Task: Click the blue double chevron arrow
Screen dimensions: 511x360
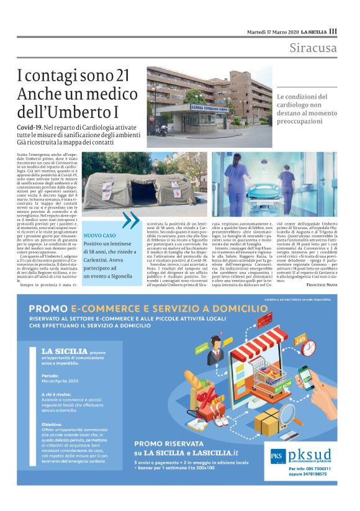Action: click(131, 220)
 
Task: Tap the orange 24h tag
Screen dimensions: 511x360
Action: click(301, 341)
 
